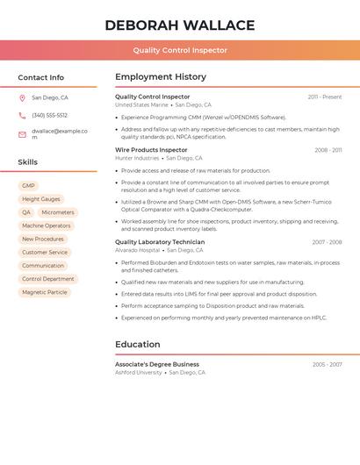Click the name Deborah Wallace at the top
point(180,25)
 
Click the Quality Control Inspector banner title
point(180,50)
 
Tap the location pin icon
point(22,97)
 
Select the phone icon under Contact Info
point(22,115)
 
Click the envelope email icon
point(22,134)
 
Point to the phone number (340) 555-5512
point(49,115)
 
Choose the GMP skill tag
point(28,186)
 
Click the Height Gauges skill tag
point(41,199)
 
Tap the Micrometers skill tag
point(58,212)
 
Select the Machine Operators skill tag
point(47,225)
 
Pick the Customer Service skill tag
point(45,252)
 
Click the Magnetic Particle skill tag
point(45,292)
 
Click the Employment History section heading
point(161,77)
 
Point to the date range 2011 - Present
point(324,97)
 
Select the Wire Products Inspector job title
point(151,150)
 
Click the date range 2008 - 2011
point(328,150)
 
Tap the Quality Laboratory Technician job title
point(160,242)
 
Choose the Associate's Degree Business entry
point(157,364)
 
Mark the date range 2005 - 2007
point(327,364)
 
